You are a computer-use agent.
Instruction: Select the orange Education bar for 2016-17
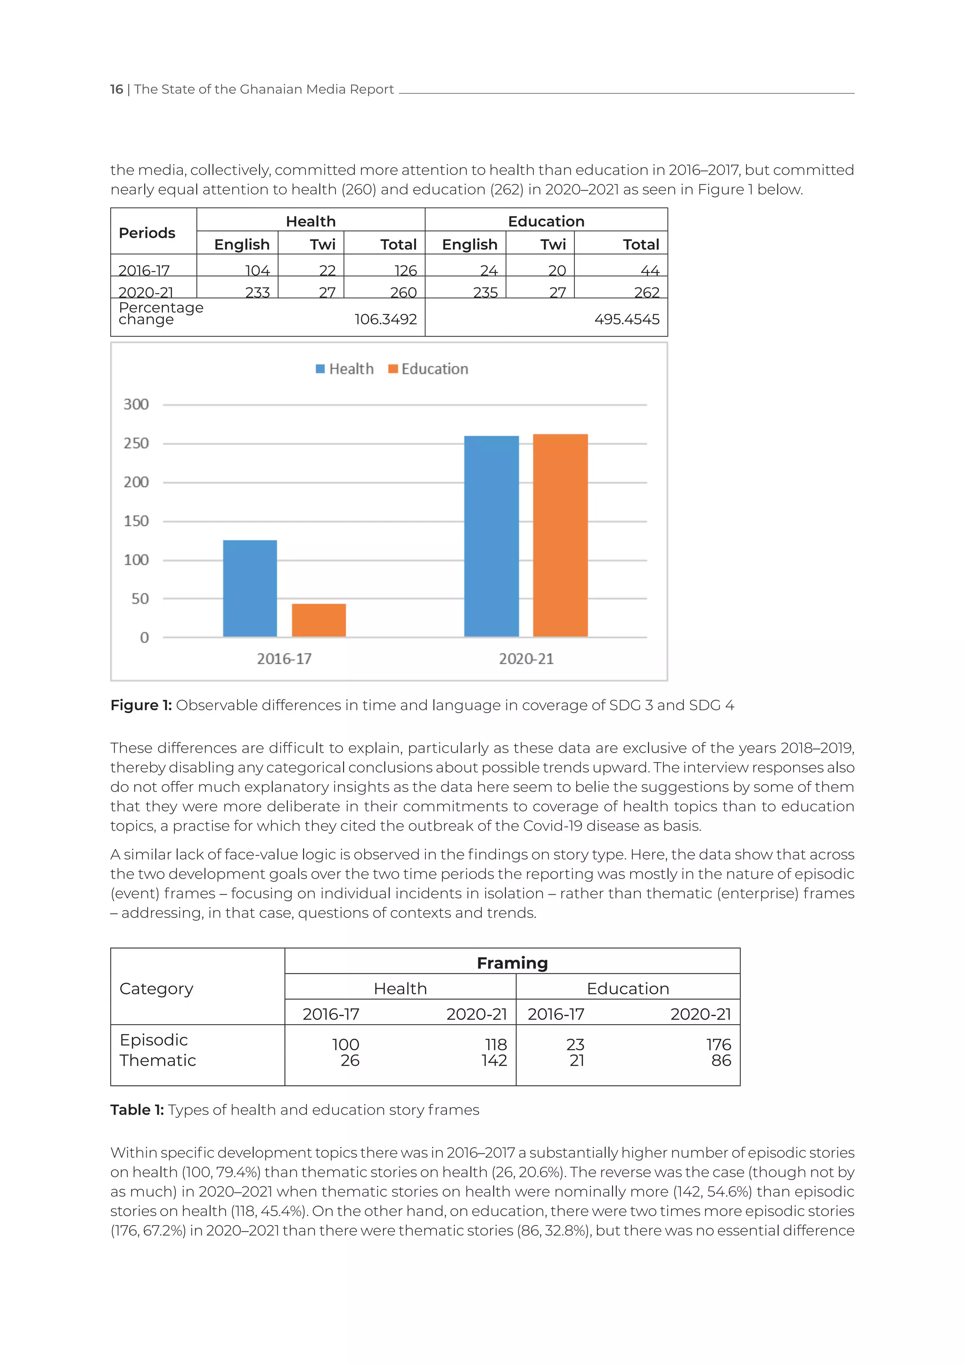tap(319, 620)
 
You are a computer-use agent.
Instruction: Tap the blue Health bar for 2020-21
tap(491, 536)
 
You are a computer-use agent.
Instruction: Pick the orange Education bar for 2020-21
tap(560, 535)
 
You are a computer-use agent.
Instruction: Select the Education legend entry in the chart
tap(428, 369)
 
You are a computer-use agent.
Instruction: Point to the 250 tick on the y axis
tap(136, 444)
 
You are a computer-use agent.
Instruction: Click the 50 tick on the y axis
tap(140, 599)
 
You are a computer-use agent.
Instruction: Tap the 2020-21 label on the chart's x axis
tap(526, 659)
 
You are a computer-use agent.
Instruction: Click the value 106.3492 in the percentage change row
tap(385, 319)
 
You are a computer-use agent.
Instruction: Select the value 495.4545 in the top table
tap(627, 319)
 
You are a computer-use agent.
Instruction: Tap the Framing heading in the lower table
tap(512, 962)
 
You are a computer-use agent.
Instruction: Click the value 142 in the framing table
tap(494, 1060)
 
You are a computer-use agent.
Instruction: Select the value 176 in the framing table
tap(719, 1044)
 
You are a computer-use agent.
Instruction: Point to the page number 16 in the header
tap(116, 89)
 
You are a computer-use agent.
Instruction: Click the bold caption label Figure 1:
tap(141, 705)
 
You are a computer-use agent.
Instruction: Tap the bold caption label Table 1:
tap(137, 1110)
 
